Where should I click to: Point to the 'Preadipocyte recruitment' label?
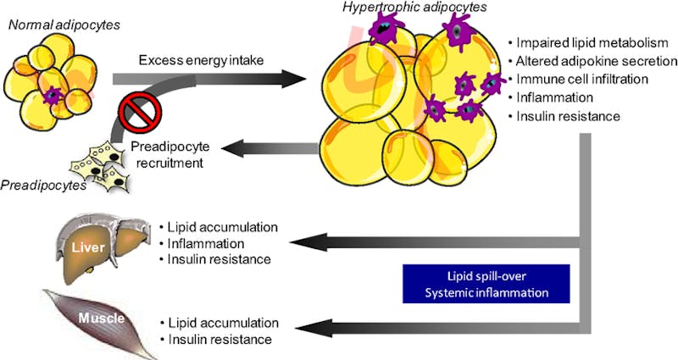169,152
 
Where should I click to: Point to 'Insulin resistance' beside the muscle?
220,339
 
